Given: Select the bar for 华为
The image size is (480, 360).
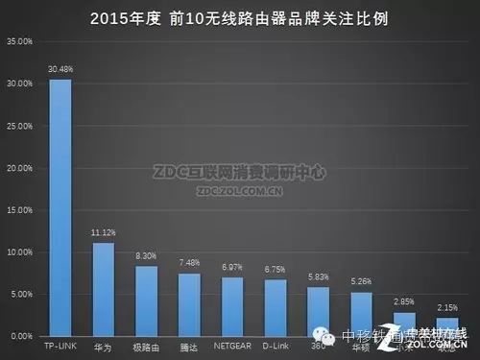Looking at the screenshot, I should (104, 289).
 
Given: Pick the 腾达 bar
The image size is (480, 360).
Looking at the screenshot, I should (189, 304).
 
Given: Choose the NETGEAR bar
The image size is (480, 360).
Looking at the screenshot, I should (232, 306).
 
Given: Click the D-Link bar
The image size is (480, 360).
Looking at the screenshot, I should (276, 307).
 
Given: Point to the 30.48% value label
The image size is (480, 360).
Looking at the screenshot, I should (60, 67).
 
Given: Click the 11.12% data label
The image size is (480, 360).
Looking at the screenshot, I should (104, 232).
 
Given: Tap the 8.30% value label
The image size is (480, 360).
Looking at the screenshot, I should (147, 255).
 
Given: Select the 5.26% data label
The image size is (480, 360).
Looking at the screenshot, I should (361, 281).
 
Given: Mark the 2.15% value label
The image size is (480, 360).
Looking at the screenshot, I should (447, 306).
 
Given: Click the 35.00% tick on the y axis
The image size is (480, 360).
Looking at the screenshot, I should (20, 42).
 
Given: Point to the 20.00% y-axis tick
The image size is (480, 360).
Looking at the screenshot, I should (20, 168).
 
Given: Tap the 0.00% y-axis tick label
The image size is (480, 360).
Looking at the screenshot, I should (22, 336).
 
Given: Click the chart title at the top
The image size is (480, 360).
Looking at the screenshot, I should (240, 18).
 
